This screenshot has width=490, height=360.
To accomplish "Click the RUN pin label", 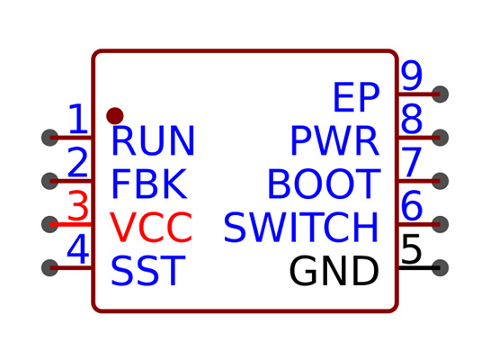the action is click(x=153, y=140).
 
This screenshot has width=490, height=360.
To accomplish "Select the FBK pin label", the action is click(x=149, y=184).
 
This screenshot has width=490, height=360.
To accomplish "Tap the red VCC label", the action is click(x=151, y=227).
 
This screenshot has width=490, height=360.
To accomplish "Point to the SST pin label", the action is click(x=148, y=270).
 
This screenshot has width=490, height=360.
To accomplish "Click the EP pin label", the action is click(x=356, y=97).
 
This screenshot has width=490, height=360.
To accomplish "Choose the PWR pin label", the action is click(x=335, y=140).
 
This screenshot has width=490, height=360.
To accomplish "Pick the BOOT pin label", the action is click(x=324, y=184).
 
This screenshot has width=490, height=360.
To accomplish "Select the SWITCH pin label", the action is click(x=301, y=227).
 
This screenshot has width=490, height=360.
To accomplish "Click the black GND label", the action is click(x=334, y=270).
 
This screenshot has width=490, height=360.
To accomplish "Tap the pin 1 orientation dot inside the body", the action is click(x=115, y=116).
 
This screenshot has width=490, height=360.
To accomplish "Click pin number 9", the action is click(x=412, y=75).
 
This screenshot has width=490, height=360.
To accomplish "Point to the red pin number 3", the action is click(x=78, y=205).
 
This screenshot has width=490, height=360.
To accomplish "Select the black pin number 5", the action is click(x=412, y=249).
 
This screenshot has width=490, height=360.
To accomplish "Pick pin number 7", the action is click(x=412, y=162).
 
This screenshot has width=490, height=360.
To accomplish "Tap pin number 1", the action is click(x=78, y=119).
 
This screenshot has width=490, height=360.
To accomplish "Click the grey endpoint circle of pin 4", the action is click(x=50, y=267).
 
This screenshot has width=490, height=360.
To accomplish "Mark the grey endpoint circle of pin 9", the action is click(x=440, y=94).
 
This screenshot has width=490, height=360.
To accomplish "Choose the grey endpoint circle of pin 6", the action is click(x=440, y=224).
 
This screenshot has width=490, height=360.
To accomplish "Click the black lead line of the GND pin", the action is click(x=419, y=267).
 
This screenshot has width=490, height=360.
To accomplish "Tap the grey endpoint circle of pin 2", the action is click(x=50, y=181).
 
